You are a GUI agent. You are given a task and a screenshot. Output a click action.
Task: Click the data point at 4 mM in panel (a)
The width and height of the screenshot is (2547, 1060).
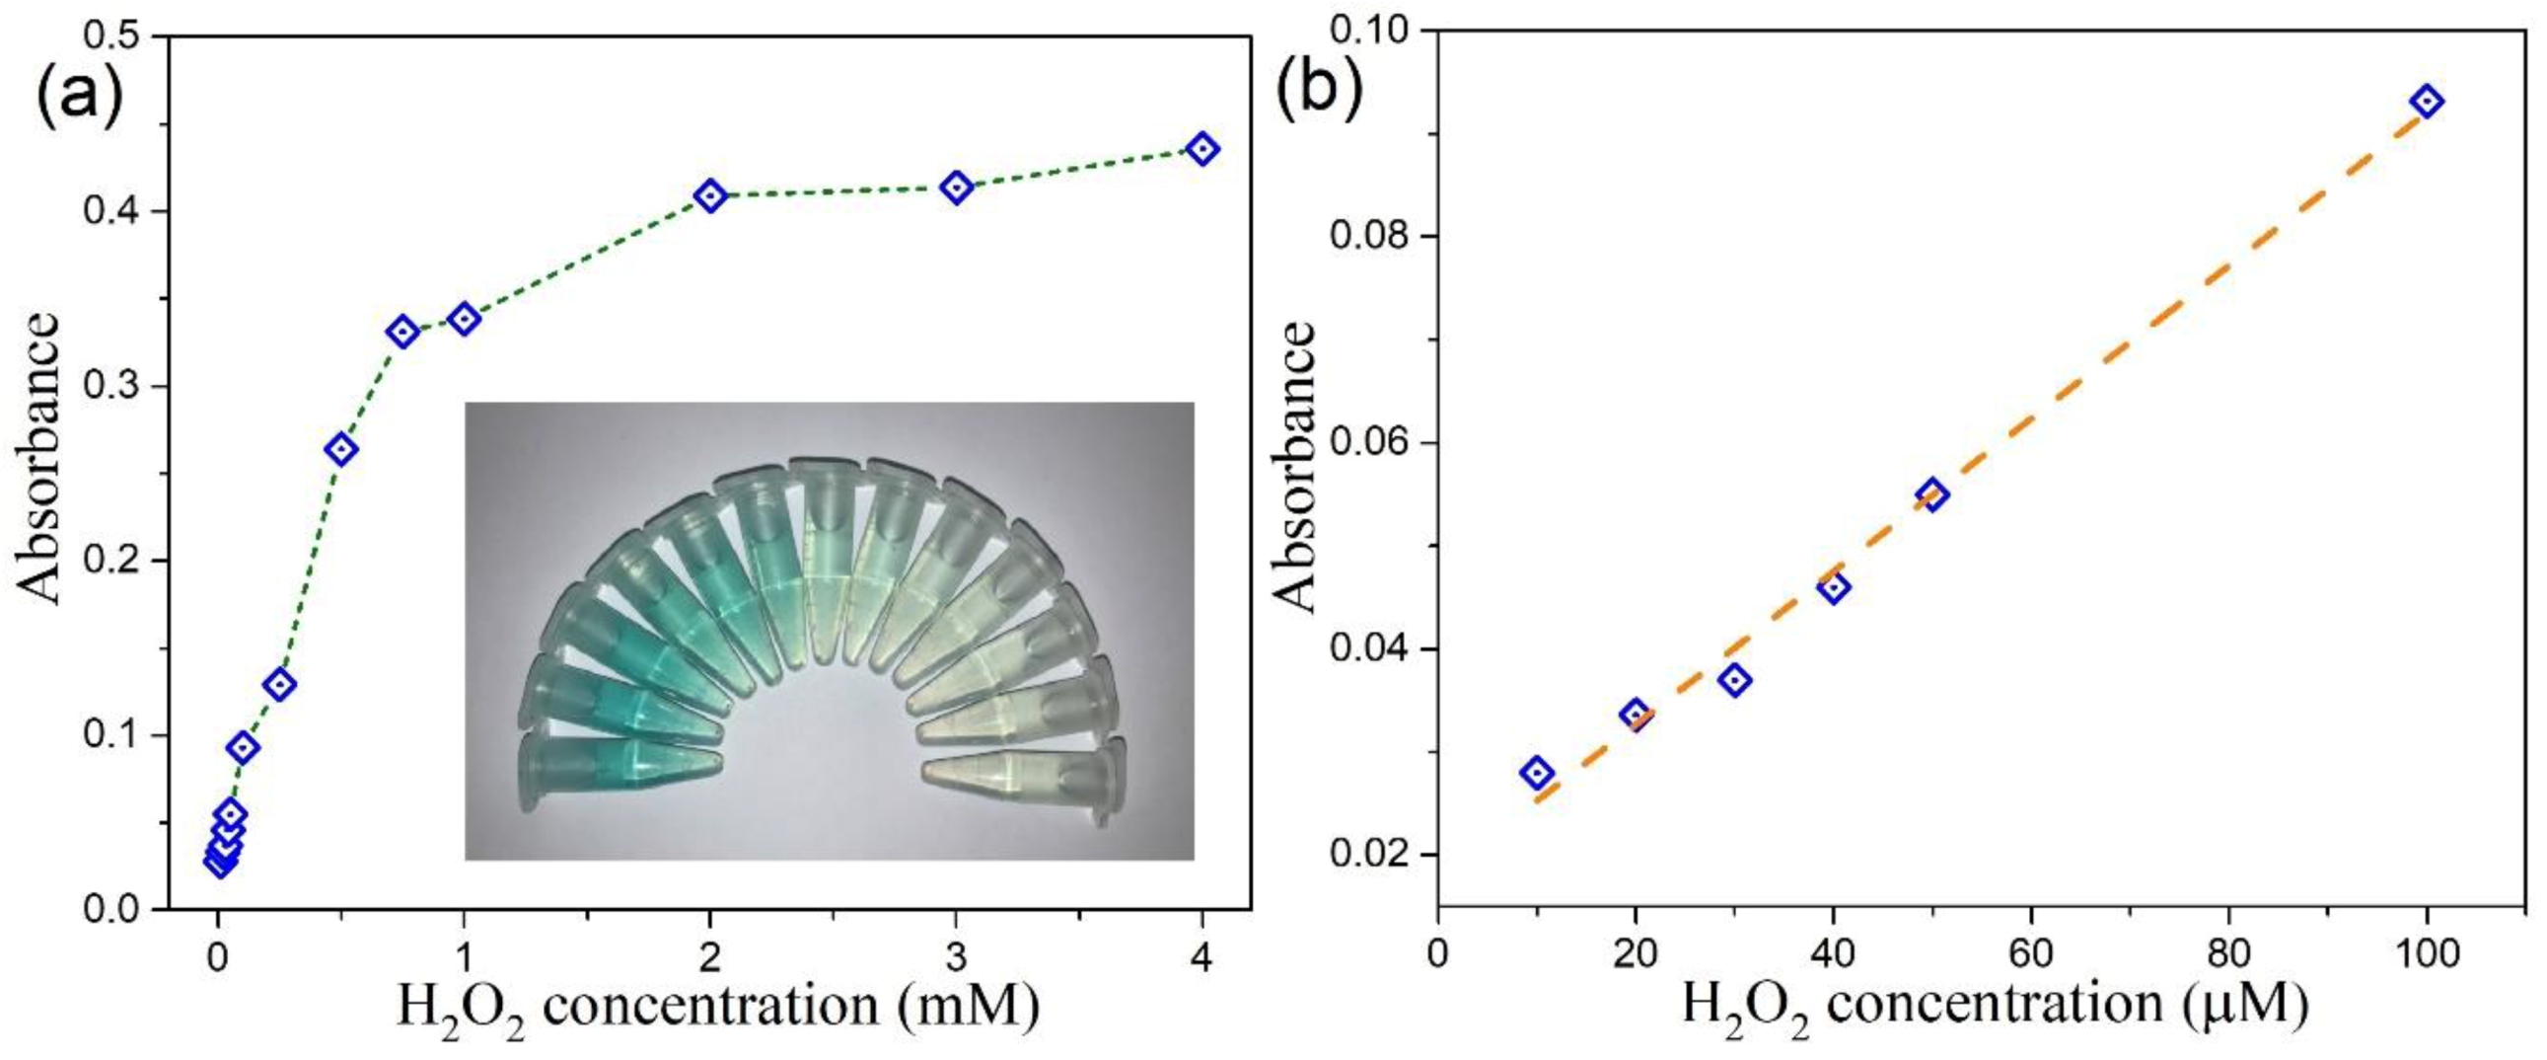coord(1202,149)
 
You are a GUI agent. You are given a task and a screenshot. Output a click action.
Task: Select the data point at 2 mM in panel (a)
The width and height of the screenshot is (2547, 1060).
coord(710,195)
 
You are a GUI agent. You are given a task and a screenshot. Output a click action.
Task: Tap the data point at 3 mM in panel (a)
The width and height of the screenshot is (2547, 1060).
coord(956,187)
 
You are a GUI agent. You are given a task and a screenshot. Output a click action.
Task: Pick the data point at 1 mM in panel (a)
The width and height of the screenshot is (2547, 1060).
coord(464,319)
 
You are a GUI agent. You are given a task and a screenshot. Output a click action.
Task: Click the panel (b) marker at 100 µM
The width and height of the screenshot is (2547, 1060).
coord(2427,101)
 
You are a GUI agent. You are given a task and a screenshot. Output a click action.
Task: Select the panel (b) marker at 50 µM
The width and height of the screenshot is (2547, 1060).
coord(1933,494)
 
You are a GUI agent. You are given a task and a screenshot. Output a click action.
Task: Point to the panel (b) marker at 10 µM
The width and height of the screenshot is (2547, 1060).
coord(1537,773)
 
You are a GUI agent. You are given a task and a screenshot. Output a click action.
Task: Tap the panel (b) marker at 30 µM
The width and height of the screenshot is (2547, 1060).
coord(1734,680)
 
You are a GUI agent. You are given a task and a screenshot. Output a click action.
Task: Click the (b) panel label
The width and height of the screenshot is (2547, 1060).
coord(1320,89)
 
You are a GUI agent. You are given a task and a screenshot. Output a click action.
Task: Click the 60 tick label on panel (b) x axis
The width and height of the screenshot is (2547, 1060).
coord(2031,953)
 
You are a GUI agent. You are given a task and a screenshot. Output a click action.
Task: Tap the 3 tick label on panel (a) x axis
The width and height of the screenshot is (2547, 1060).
coord(956,958)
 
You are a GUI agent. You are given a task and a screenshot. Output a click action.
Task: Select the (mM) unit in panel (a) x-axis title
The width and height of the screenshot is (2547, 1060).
coord(970,1005)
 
